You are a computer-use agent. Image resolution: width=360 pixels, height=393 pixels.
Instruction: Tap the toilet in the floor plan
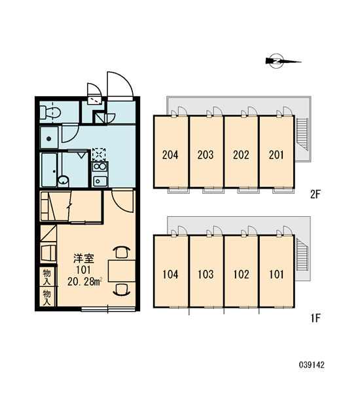50,113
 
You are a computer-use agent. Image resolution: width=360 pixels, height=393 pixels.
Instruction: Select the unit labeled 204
170,152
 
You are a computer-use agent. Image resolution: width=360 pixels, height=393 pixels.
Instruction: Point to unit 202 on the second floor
241,152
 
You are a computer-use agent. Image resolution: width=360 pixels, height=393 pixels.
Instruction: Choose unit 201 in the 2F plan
276,152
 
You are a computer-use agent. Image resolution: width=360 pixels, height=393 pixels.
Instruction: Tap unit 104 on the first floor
170,271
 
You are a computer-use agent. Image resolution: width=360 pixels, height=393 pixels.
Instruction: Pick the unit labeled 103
206,271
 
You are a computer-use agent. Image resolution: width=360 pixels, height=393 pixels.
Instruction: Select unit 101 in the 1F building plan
276,271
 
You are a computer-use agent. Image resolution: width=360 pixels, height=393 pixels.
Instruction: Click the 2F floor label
315,195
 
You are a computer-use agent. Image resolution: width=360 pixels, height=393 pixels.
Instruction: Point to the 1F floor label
315,318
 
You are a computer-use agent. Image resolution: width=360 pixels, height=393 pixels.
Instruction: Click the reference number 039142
312,365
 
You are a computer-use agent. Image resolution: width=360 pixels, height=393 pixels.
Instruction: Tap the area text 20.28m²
84,282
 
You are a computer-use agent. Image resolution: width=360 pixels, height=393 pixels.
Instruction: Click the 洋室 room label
84,259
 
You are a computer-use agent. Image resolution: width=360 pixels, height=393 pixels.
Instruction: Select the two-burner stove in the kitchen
99,166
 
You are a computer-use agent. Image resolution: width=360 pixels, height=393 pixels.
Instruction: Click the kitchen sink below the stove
99,181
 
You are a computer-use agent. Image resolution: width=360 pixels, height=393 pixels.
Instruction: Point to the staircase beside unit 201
302,134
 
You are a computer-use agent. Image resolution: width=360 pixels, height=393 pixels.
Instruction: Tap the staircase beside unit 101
302,254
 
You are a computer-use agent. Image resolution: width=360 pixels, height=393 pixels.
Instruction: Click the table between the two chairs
122,271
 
